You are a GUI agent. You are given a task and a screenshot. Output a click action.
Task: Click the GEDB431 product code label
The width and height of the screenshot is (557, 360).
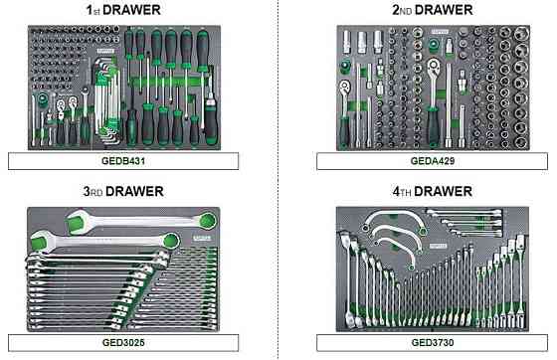(123, 161)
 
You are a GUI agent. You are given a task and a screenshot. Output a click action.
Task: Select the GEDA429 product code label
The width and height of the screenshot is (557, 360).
(433, 161)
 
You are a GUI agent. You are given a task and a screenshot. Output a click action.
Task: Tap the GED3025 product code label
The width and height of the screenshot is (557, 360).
(123, 343)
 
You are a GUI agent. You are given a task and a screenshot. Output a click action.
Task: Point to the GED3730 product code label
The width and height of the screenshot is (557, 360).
(433, 343)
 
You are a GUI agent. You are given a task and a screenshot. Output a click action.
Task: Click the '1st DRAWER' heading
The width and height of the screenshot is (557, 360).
(123, 10)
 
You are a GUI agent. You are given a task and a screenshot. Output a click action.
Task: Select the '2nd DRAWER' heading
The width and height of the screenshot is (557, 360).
(433, 10)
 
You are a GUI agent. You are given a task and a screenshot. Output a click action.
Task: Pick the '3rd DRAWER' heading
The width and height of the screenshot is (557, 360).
(123, 191)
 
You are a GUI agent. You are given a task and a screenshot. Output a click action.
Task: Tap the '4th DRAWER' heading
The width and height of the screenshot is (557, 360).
(433, 191)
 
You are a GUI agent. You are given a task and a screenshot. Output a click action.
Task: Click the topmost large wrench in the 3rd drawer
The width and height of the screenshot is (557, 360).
(141, 221)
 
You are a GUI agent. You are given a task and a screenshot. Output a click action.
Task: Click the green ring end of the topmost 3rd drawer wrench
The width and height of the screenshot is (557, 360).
(208, 220)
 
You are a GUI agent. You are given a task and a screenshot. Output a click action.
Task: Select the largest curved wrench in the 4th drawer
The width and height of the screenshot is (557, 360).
(395, 221)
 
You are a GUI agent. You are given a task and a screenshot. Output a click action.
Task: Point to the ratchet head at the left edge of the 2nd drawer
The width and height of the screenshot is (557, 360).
(344, 88)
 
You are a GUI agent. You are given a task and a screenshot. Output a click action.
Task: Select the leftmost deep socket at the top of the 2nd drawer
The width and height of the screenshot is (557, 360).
(346, 42)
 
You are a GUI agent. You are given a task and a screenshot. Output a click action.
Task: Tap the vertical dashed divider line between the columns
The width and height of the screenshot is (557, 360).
(278, 180)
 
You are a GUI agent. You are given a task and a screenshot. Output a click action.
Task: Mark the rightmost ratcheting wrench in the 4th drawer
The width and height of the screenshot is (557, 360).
(520, 280)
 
